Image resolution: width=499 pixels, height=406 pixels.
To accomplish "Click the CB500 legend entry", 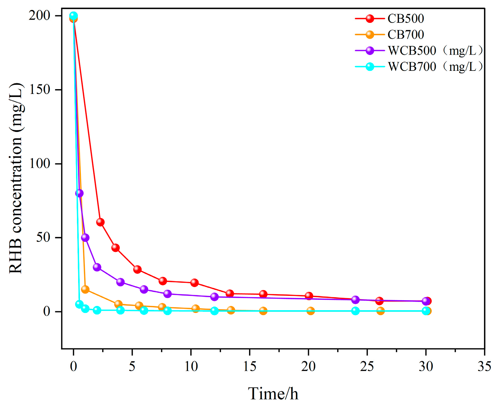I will click(406, 19).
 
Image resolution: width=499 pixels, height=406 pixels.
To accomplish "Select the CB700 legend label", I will click(406, 35).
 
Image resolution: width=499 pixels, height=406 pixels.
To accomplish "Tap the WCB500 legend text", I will click(412, 50).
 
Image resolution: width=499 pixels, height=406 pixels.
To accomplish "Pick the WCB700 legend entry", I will click(412, 67).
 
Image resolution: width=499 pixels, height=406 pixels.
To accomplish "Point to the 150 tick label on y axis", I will click(40, 90).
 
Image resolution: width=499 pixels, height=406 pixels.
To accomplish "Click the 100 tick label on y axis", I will click(40, 164).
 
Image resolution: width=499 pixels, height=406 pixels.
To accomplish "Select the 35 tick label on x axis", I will click(484, 366).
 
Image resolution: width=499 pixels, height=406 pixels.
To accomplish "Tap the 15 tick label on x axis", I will click(249, 366).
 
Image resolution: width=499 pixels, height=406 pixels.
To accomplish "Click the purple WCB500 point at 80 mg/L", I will click(79, 193).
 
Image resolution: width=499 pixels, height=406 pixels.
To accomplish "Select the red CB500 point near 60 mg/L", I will click(100, 222).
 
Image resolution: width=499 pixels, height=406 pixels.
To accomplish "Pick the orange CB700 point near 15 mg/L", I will click(85, 289).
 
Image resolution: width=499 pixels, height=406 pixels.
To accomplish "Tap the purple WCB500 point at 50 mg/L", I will click(85, 238).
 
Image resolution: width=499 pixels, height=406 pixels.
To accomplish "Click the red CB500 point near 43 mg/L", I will click(116, 248).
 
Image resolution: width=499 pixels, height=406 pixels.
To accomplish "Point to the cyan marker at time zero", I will click(73, 16).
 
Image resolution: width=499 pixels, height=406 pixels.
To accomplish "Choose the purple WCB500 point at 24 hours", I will click(355, 300).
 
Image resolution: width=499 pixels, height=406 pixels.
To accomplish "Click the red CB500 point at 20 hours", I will click(309, 296).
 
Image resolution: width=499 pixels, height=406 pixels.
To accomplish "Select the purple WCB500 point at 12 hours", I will click(214, 297).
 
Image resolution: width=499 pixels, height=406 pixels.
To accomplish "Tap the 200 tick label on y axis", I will click(40, 16).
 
